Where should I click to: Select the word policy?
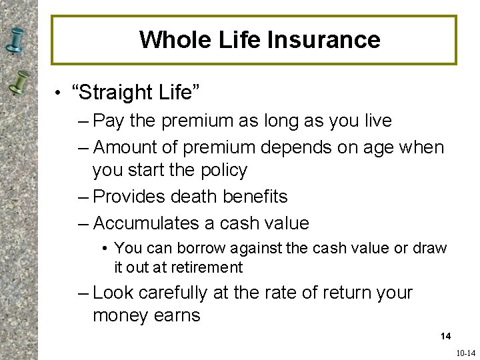coord(224,171)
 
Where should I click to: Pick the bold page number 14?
coord(445,336)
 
